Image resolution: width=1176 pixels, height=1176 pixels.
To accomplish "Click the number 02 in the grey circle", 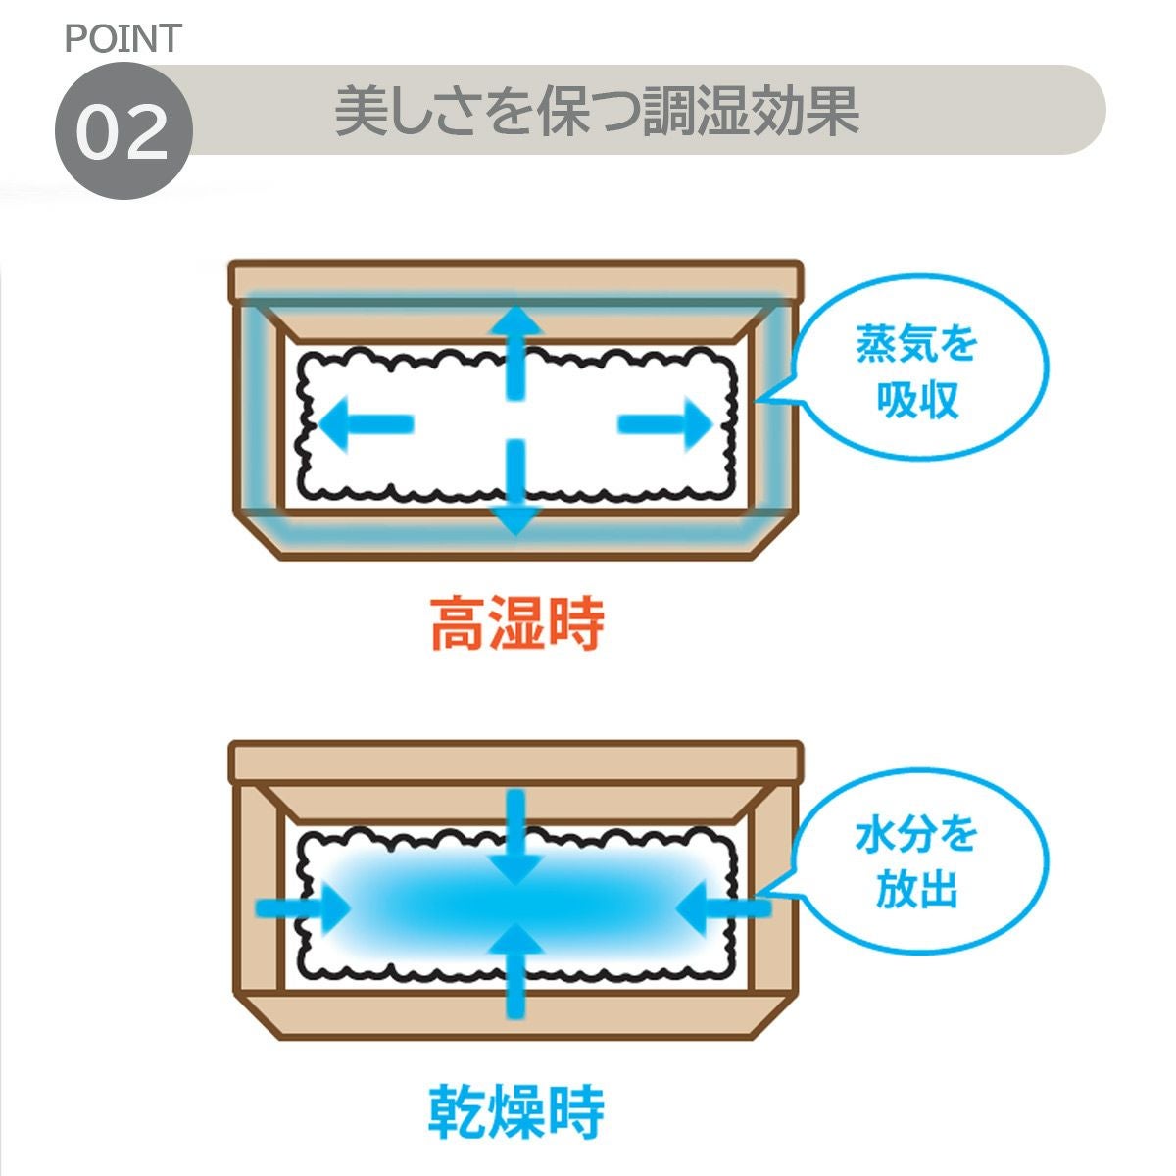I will point(122,133).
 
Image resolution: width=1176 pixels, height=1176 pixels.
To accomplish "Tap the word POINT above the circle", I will point(122,38).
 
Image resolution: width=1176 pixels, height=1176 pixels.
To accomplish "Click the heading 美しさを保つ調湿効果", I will point(597,112).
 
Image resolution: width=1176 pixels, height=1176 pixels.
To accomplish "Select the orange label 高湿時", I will point(517,623).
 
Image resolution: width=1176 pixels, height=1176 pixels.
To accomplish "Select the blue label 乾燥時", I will point(516,1110).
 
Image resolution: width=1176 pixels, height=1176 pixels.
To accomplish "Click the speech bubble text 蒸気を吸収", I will point(917,373).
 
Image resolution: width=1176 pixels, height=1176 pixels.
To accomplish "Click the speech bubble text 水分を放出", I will point(915,863).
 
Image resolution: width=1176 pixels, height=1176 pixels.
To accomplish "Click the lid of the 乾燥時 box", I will point(515,760).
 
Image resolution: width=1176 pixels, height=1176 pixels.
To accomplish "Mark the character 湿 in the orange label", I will point(516,623).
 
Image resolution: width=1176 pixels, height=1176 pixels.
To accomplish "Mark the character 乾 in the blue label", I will point(458,1110).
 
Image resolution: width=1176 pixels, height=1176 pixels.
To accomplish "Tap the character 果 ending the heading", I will point(832,112).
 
